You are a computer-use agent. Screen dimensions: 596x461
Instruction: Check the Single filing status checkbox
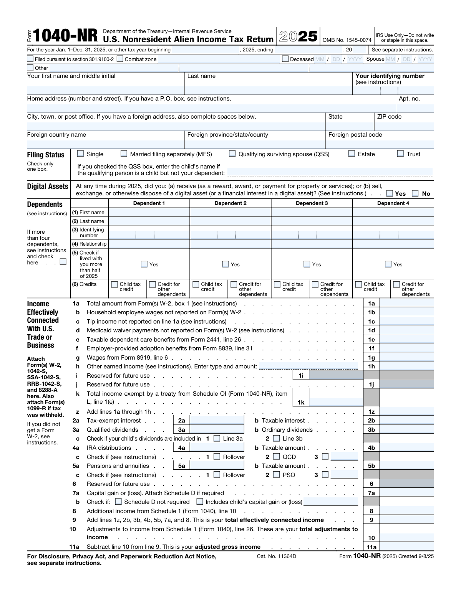(x=81, y=154)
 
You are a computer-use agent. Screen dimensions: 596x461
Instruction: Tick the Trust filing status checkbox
(x=400, y=154)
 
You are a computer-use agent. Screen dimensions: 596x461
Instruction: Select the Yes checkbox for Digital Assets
(x=390, y=193)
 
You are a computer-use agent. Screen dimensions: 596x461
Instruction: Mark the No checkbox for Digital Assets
(x=415, y=193)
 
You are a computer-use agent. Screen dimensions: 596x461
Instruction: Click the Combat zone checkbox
(x=120, y=59)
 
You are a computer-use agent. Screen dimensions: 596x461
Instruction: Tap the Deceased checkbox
(x=285, y=59)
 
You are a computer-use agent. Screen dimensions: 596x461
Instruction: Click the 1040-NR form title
(x=66, y=36)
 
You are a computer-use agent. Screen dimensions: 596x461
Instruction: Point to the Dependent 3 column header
(x=312, y=203)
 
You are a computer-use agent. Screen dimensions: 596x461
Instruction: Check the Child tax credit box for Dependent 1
(x=114, y=284)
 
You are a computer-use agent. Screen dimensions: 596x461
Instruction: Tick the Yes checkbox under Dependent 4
(x=388, y=264)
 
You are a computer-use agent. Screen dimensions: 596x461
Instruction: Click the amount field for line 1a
(x=406, y=303)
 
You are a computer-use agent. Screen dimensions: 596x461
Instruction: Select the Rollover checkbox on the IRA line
(x=217, y=457)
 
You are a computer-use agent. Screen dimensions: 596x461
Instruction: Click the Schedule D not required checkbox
(x=119, y=502)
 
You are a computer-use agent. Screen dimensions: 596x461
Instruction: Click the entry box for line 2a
(x=217, y=421)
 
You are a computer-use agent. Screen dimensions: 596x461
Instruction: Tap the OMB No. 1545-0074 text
(x=347, y=40)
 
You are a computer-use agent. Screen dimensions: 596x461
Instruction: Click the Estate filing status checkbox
(x=352, y=154)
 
